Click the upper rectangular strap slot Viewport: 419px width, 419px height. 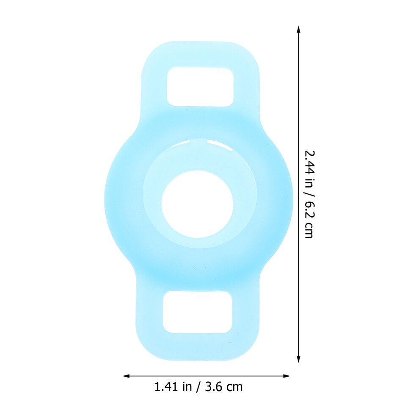200,87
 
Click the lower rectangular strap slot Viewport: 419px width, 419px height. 198,312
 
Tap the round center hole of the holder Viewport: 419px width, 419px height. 198,204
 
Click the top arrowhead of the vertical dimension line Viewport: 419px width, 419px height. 298,29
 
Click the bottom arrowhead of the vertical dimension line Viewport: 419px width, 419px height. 298,359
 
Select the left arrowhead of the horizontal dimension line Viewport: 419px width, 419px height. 126,376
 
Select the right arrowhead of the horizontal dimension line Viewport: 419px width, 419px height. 287,376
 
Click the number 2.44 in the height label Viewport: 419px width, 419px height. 310,163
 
